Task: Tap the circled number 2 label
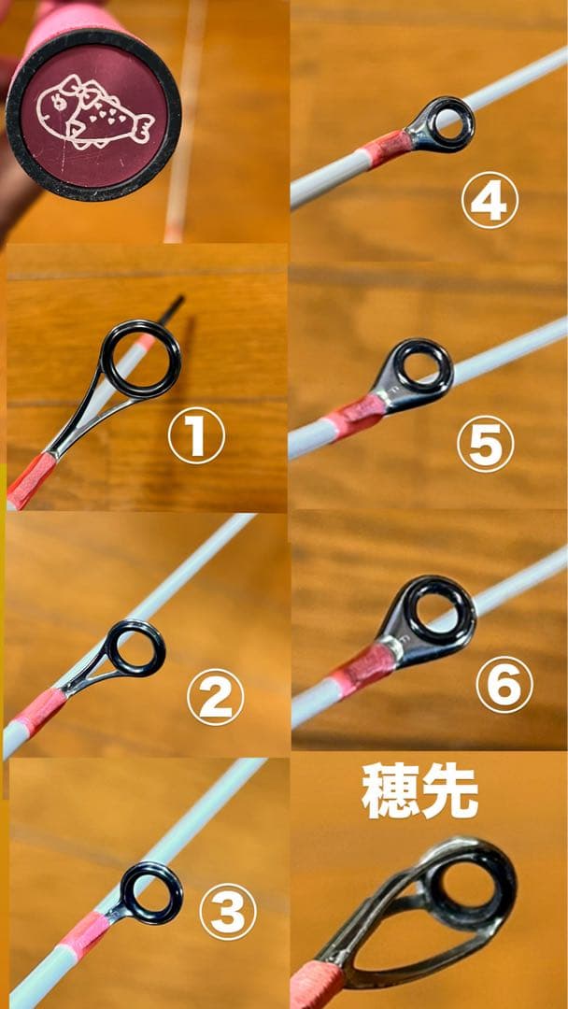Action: coord(216,698)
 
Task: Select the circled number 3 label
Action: coord(228,911)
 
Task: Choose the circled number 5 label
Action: coord(485,444)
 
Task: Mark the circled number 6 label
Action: coord(504,686)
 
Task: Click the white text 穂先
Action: coord(419,791)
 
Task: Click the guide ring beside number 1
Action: coord(140,359)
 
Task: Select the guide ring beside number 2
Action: coord(135,647)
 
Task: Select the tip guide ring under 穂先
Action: coord(473,884)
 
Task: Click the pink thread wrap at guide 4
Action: coord(386,149)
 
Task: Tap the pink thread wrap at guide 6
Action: coord(363,669)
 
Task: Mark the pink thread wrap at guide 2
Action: coord(40,713)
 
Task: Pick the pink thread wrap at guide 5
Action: coord(354,416)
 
